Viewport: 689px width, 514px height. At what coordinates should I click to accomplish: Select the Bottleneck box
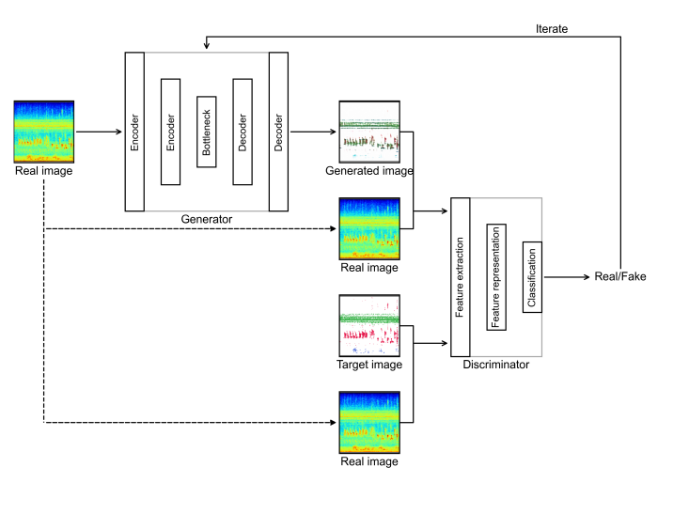pos(207,132)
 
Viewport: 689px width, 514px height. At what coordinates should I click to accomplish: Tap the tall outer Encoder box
pos(134,132)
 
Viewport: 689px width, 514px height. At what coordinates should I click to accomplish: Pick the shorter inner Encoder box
pos(170,132)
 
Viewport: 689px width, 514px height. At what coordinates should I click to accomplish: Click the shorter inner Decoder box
pos(243,132)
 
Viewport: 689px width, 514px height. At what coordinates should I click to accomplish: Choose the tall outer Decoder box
pos(279,132)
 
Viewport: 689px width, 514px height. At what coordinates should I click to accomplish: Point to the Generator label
pos(207,219)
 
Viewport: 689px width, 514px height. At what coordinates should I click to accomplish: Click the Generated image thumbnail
pos(369,132)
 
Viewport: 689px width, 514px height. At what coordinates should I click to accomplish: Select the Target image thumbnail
pos(369,325)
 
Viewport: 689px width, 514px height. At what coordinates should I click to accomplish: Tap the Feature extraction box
pos(460,277)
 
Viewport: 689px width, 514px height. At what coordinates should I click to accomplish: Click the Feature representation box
pos(496,277)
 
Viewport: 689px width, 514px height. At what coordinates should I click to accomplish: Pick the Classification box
pos(532,277)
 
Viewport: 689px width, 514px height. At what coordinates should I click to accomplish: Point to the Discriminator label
pos(496,365)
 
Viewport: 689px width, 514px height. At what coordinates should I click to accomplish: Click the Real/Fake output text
pos(619,277)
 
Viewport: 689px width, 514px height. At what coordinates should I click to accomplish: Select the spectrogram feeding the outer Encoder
pos(43,132)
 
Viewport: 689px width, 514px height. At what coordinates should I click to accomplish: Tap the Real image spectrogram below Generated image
pos(369,228)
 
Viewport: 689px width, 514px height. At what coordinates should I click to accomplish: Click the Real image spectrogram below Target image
pos(369,422)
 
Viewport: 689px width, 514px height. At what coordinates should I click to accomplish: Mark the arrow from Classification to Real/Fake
pos(564,277)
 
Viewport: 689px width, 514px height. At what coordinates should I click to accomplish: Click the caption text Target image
pos(369,364)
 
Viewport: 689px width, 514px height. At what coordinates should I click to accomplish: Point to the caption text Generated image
pos(369,171)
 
